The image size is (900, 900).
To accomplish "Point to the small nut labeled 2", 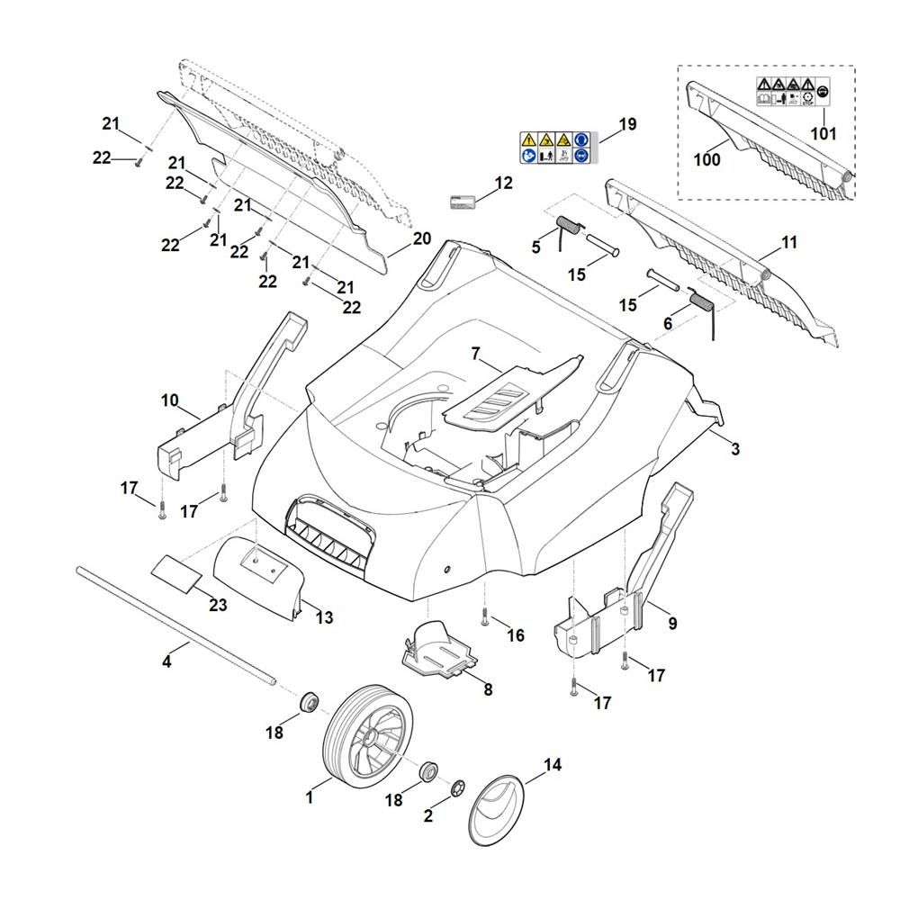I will pyautogui.click(x=458, y=786).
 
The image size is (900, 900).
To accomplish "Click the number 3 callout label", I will pyautogui.click(x=735, y=449).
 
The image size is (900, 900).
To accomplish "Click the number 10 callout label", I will pyautogui.click(x=170, y=400).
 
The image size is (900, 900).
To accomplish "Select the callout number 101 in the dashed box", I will pyautogui.click(x=823, y=134).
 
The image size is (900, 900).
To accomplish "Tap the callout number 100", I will pyautogui.click(x=707, y=159).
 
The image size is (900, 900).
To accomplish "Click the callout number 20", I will pyautogui.click(x=422, y=239).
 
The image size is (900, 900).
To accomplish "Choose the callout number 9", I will pyautogui.click(x=672, y=623).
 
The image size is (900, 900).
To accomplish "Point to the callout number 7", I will pyautogui.click(x=476, y=354).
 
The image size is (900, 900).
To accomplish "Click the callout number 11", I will pyautogui.click(x=789, y=243).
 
